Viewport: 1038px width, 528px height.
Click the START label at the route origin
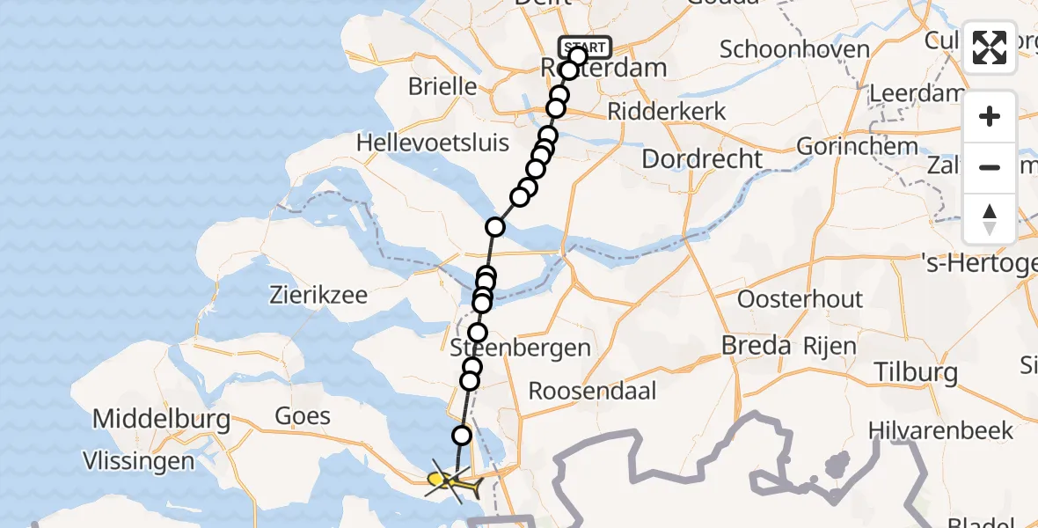pos(585,47)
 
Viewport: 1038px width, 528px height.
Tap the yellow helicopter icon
pos(450,481)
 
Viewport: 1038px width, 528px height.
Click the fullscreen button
pos(990,48)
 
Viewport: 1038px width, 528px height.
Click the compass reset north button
pos(990,219)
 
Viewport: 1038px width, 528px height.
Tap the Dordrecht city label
pos(702,159)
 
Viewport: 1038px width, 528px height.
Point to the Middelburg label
pos(161,418)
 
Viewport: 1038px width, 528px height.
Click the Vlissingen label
pos(138,460)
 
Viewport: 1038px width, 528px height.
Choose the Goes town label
pos(303,416)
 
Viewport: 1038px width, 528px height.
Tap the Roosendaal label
pos(592,391)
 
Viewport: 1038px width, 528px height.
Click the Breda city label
pos(756,346)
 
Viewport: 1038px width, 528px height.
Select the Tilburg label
pos(916,372)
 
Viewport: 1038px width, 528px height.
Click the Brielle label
pos(442,87)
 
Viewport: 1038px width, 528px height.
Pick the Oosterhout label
pos(800,299)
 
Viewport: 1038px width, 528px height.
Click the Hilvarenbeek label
pos(939,430)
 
